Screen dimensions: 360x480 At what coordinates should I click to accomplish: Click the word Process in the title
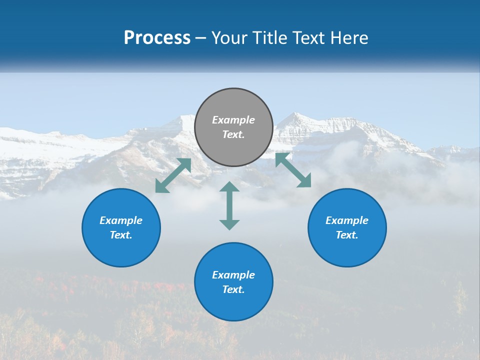[x=157, y=38]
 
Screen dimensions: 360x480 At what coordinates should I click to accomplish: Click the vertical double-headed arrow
[x=229, y=205]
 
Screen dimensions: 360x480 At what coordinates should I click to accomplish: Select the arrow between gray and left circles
[x=173, y=175]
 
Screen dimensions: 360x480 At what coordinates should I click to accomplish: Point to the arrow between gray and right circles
[x=293, y=170]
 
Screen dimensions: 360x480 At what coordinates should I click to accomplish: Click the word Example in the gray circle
[x=233, y=120]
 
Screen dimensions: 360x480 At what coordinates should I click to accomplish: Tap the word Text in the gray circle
[x=233, y=134]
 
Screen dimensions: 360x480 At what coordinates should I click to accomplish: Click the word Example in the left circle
[x=121, y=220]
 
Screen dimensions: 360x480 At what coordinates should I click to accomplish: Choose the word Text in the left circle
[x=121, y=235]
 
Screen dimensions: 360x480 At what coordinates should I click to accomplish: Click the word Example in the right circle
[x=347, y=220]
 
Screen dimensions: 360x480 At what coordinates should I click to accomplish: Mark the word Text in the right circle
[x=347, y=235]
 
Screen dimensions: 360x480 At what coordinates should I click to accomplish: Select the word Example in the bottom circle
[x=233, y=275]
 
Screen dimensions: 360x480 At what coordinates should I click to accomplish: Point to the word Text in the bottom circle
[x=233, y=289]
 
